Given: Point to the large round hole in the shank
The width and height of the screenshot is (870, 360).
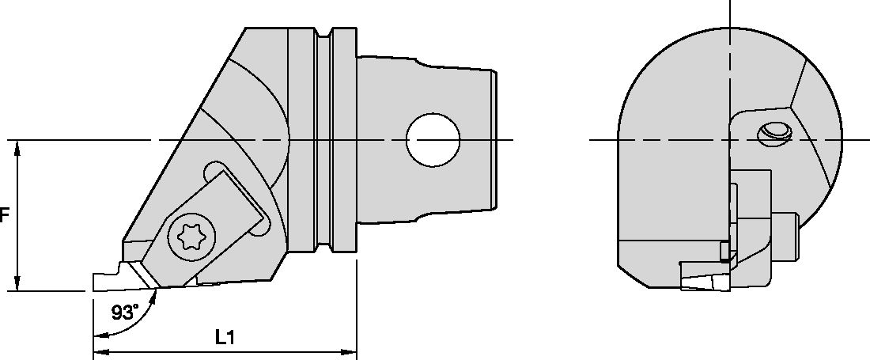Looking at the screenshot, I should coord(433,140).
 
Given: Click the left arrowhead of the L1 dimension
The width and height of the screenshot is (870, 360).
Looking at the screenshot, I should coord(98,352).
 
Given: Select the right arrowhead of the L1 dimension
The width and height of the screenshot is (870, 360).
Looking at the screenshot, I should coord(352,352).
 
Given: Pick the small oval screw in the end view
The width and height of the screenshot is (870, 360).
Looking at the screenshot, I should coord(772,134).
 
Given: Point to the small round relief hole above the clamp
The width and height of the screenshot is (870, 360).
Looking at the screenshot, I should coord(213,172).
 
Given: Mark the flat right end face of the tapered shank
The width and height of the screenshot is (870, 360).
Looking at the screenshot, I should coord(496,140).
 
